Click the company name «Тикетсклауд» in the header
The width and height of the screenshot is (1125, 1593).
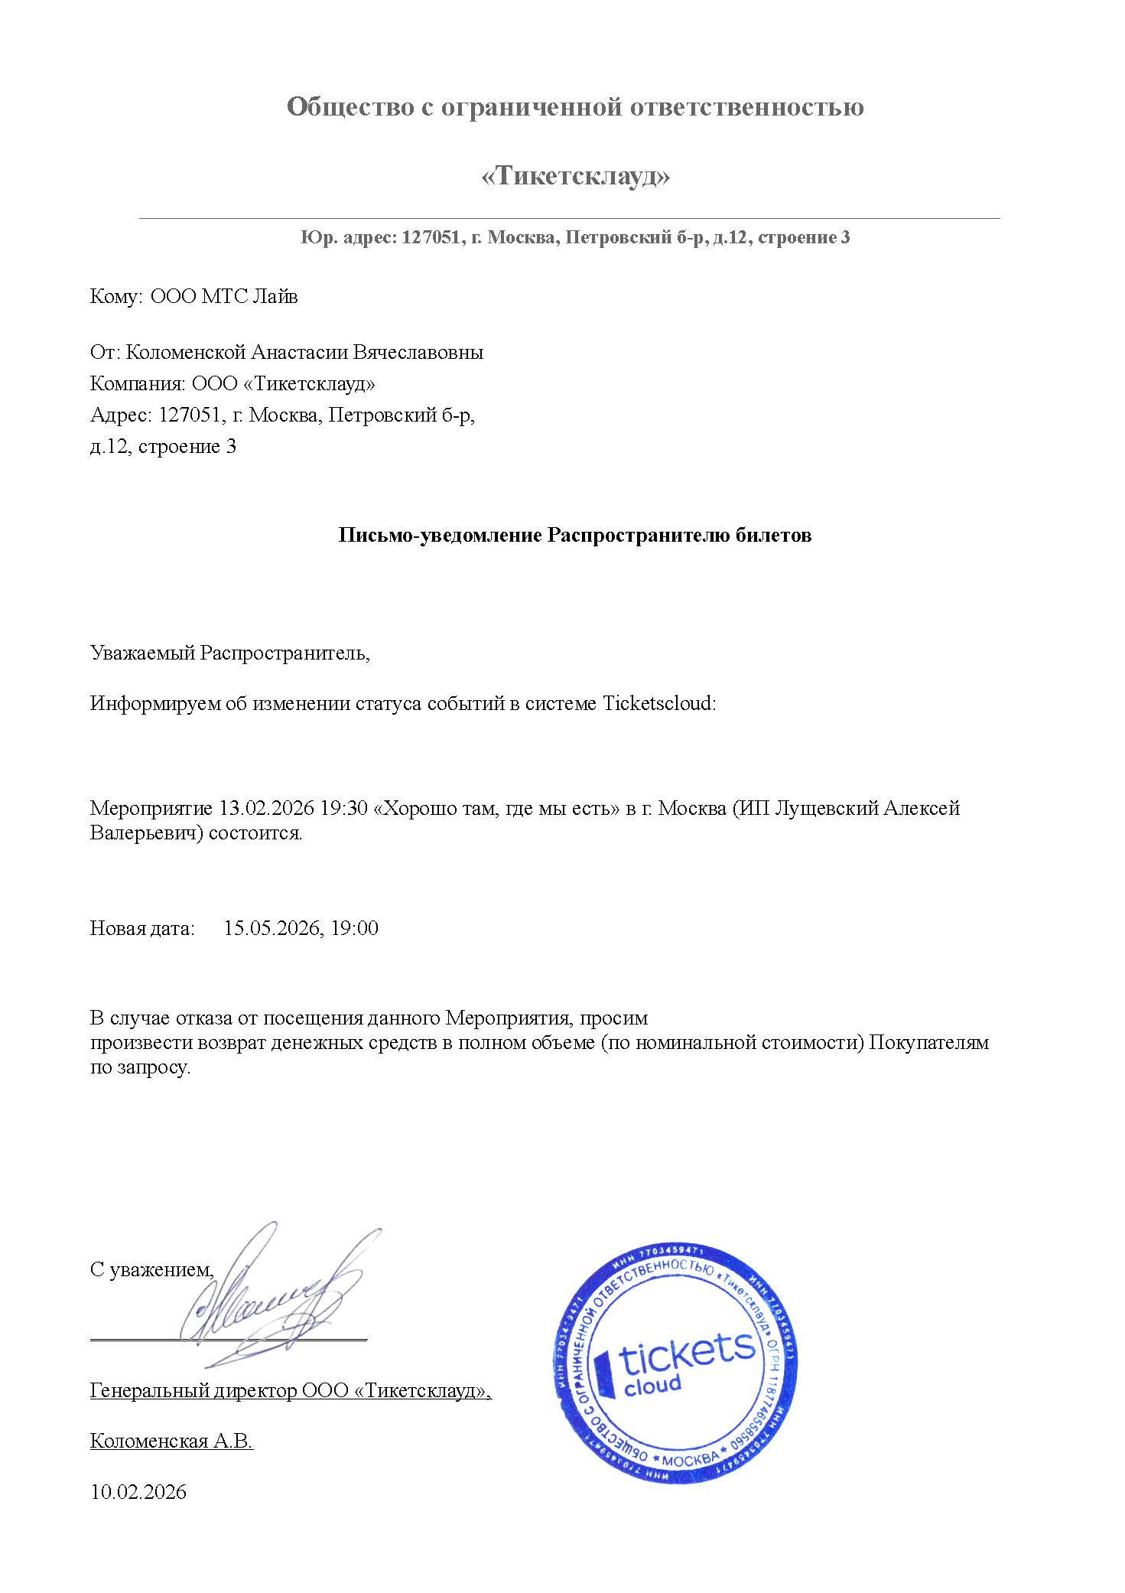tap(575, 177)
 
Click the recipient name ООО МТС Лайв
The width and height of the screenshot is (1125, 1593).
tap(223, 296)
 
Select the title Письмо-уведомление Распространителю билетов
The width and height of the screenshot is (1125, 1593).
tap(574, 536)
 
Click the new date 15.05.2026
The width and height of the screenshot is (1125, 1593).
tap(271, 929)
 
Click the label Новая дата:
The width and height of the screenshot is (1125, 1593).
tap(142, 929)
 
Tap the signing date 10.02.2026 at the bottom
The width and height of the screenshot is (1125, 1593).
tap(138, 1493)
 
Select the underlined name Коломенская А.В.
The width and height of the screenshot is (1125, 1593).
tap(171, 1442)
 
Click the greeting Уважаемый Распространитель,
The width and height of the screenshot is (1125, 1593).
tap(229, 653)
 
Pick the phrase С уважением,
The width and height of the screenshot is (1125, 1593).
tap(151, 1270)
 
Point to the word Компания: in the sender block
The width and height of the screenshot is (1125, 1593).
tap(138, 383)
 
